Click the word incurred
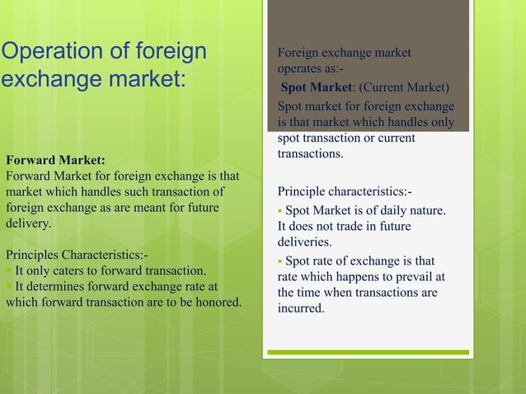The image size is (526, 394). click(x=301, y=309)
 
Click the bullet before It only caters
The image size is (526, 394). click(x=8, y=270)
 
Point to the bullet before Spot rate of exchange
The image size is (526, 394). click(x=280, y=261)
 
